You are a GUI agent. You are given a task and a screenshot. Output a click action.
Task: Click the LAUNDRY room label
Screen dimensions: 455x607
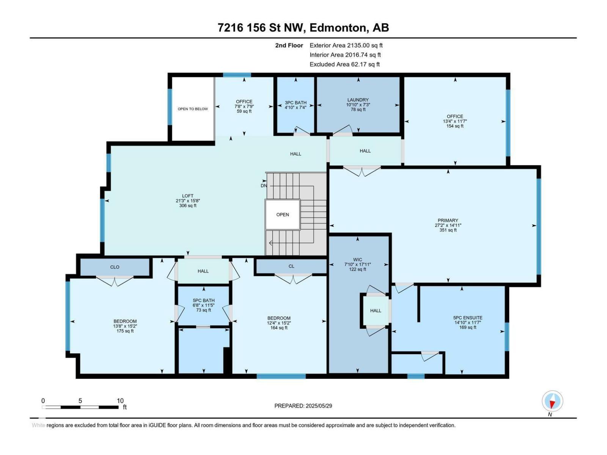tap(357, 100)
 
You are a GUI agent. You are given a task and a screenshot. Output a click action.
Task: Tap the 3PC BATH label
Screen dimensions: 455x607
tap(296, 103)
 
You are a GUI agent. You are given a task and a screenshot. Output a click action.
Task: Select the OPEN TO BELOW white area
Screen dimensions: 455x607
tap(193, 109)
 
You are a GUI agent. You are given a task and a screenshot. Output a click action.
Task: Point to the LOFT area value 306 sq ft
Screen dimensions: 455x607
tap(188, 206)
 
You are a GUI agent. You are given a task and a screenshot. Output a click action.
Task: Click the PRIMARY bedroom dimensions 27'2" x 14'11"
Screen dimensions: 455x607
tap(448, 225)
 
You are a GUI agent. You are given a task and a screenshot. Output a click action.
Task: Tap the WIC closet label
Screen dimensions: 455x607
tap(357, 260)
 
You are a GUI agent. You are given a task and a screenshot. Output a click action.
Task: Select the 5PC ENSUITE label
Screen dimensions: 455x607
tap(468, 318)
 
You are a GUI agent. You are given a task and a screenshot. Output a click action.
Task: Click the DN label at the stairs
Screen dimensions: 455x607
tap(264, 186)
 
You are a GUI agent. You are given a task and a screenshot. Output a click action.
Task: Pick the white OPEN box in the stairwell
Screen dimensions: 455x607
tap(283, 215)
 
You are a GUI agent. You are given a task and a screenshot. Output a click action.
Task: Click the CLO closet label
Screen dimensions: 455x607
tap(115, 267)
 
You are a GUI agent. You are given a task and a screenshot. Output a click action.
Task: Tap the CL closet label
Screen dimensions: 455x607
tap(291, 266)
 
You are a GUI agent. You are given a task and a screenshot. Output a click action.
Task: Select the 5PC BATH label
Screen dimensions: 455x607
tap(204, 301)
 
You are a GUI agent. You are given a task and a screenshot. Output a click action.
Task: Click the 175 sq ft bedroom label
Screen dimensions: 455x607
tap(125, 331)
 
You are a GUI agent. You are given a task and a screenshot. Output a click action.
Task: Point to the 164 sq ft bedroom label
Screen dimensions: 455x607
tap(279, 328)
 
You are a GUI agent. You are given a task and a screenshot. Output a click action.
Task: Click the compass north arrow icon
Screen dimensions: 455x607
tap(552, 401)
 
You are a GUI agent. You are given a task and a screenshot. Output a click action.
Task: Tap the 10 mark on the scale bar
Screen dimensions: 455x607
tap(120, 401)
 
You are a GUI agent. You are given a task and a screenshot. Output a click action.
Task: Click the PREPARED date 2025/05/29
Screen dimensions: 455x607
tap(318, 406)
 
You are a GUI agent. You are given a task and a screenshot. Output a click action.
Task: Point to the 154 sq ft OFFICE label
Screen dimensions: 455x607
tap(455, 126)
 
